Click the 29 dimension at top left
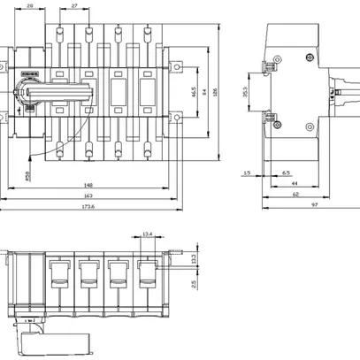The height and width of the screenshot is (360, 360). point(29,6)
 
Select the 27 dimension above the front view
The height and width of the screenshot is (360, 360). point(73,6)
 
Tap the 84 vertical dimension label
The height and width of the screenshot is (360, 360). point(205,90)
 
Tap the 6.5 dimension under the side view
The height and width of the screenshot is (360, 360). point(286,173)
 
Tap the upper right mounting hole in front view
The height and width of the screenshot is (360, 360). point(180,66)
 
